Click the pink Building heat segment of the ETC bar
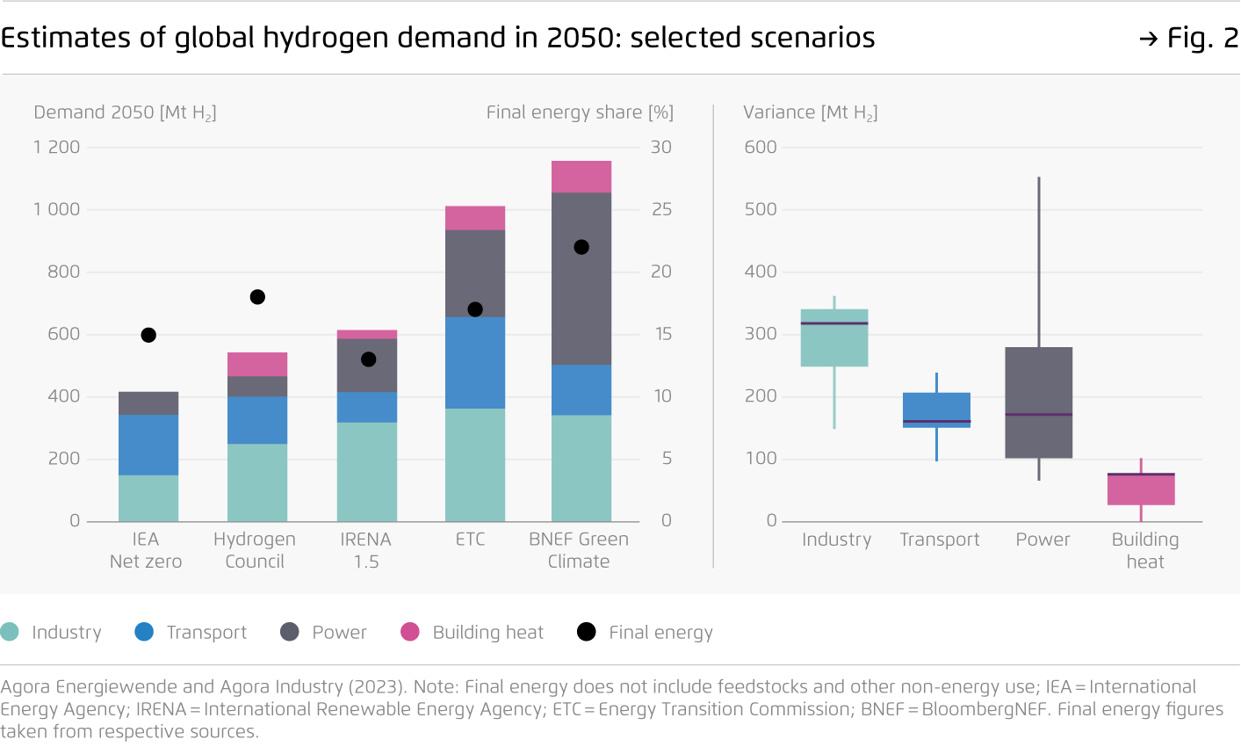point(475,218)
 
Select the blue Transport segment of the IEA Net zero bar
point(148,445)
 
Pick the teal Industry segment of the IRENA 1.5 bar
point(367,472)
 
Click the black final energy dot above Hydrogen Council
point(257,297)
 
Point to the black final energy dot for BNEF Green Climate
point(581,247)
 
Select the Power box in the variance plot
point(1039,378)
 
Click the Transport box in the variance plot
point(936,408)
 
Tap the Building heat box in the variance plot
point(1141,490)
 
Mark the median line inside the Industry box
point(834,323)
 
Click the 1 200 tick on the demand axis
point(57,147)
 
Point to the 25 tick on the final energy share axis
point(661,209)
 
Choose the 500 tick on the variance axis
point(761,209)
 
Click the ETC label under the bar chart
point(471,540)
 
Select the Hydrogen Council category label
point(255,550)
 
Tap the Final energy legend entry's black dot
point(586,632)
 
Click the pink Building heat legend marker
point(410,632)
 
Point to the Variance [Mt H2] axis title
point(811,112)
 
